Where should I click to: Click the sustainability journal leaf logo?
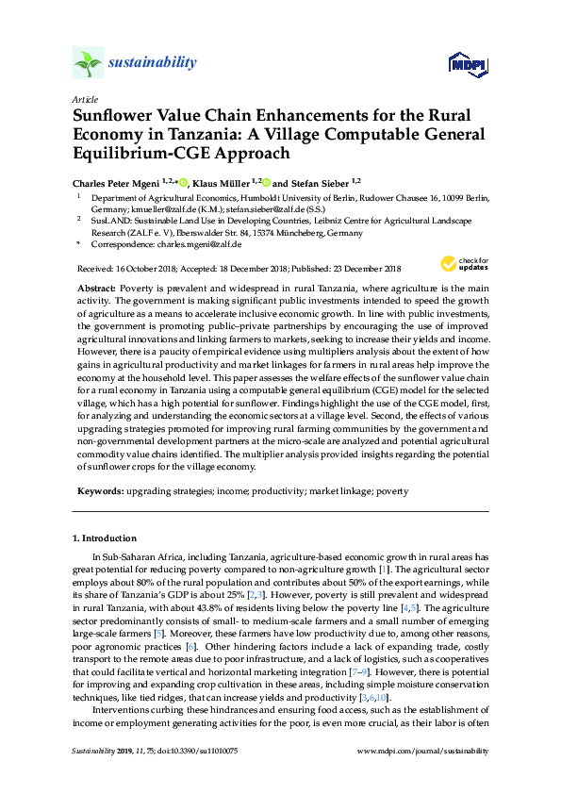point(87,64)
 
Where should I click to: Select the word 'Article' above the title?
point(83,99)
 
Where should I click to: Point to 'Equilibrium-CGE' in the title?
point(133,152)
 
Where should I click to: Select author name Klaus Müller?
point(224,181)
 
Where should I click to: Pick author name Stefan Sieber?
point(315,181)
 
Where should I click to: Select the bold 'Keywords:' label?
point(98,491)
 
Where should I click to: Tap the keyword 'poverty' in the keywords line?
point(393,491)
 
